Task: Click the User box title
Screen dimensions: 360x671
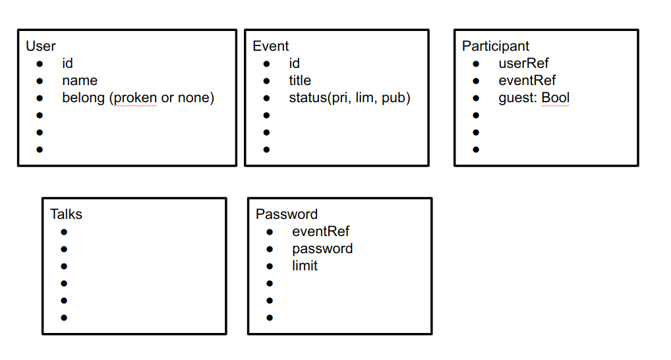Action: (41, 46)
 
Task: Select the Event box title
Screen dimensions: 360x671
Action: (270, 46)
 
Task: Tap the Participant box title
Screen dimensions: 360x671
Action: (496, 46)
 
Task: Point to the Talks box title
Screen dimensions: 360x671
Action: (66, 214)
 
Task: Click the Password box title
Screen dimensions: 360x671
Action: (287, 214)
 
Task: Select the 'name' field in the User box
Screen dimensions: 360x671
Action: (80, 80)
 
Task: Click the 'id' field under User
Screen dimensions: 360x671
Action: (67, 63)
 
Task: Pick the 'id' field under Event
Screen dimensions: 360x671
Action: (294, 63)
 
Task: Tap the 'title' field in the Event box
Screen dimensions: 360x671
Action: (300, 80)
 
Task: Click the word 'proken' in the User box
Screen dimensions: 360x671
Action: (135, 98)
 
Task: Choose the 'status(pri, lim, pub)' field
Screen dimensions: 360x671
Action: (349, 98)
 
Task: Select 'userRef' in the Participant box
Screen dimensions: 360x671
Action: (523, 63)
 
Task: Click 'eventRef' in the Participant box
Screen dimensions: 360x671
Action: (527, 80)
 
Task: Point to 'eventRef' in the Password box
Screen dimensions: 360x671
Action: (320, 231)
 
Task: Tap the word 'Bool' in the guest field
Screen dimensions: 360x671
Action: (556, 98)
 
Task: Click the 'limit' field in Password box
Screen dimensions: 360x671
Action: (305, 266)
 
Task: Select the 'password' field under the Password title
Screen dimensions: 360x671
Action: (322, 249)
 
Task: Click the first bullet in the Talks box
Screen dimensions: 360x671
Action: (64, 232)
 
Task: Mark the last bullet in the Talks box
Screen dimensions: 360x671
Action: (64, 318)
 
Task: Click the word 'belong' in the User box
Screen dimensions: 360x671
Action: (84, 98)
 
